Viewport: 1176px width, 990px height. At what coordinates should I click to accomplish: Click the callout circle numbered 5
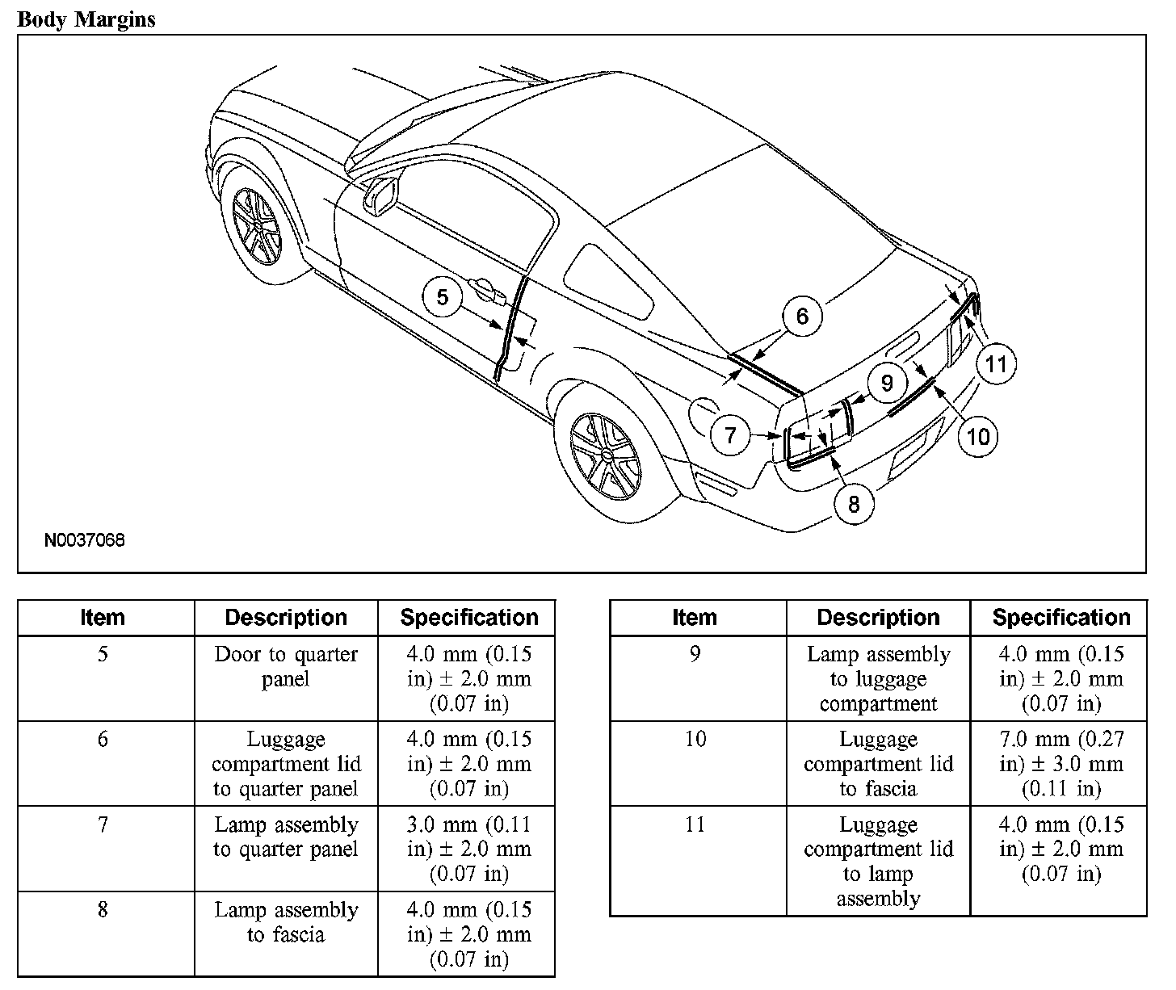click(443, 297)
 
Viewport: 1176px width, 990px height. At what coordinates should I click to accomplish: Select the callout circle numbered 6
click(801, 316)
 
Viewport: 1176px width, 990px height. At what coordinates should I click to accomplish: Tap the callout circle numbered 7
click(731, 436)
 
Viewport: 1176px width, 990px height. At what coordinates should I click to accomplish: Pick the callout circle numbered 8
click(854, 503)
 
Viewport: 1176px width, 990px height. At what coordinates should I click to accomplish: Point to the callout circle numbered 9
click(887, 382)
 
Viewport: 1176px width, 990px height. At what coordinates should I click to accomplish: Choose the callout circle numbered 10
click(977, 436)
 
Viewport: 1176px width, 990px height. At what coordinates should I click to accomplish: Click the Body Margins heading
click(86, 19)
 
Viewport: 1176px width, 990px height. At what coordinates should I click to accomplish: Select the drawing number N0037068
click(85, 540)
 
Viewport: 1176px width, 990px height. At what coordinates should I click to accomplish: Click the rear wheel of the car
click(606, 455)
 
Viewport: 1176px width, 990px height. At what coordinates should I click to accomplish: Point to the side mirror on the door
click(384, 194)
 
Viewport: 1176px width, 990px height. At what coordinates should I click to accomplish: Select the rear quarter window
click(610, 283)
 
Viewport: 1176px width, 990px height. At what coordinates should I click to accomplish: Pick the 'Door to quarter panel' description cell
click(286, 667)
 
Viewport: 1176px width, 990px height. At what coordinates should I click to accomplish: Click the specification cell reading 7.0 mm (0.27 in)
click(1060, 763)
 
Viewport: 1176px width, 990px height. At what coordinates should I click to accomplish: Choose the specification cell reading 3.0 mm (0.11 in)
click(469, 849)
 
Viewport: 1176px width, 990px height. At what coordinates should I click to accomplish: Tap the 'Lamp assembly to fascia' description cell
click(286, 922)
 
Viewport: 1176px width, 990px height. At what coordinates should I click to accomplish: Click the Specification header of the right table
click(1060, 618)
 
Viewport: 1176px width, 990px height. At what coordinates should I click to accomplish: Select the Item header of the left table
click(103, 618)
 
